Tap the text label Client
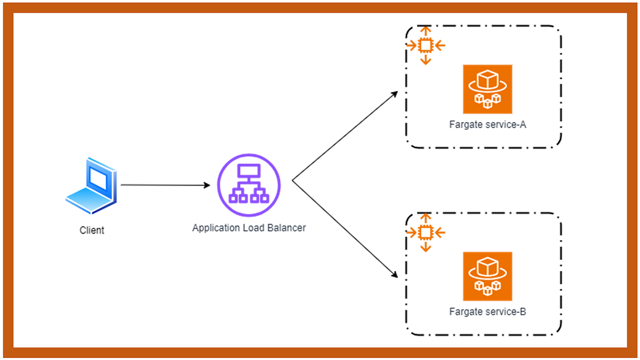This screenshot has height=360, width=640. [x=92, y=230]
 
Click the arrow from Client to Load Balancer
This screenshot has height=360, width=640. [x=165, y=185]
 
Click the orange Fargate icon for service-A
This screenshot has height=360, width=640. [x=487, y=89]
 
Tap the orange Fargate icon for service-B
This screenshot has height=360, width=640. [x=487, y=276]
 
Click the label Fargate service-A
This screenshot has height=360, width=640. [x=487, y=125]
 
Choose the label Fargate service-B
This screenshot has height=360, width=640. [x=487, y=311]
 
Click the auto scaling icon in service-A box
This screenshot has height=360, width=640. [x=425, y=46]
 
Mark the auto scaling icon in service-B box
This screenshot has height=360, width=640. [x=425, y=233]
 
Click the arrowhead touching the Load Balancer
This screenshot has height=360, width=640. [x=207, y=186]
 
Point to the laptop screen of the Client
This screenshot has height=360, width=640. [x=99, y=177]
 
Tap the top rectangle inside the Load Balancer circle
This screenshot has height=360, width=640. [x=249, y=171]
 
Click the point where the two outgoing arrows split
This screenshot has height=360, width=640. [x=293, y=181]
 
